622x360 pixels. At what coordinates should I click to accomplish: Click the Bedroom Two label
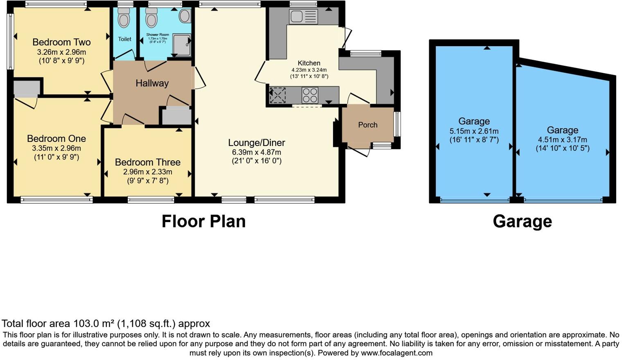click(61, 42)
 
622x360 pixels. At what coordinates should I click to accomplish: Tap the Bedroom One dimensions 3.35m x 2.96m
click(56, 148)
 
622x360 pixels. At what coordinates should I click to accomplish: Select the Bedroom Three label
click(147, 162)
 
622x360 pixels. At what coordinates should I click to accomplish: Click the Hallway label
click(152, 83)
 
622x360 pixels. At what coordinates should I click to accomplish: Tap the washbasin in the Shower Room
click(185, 16)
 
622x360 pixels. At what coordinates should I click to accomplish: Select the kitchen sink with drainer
click(303, 17)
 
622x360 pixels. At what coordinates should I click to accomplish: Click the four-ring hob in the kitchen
click(310, 95)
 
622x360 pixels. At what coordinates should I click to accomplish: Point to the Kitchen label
click(309, 63)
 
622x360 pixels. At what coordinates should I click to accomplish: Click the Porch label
click(367, 125)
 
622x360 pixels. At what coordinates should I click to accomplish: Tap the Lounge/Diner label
click(257, 143)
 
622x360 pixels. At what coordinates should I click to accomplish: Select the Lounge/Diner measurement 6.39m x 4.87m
click(257, 152)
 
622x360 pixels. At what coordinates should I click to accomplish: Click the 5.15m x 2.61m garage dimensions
click(474, 131)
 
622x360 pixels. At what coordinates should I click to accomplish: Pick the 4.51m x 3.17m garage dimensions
click(562, 140)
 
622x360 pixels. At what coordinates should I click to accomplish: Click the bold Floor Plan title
click(203, 221)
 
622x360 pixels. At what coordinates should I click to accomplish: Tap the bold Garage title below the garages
click(522, 221)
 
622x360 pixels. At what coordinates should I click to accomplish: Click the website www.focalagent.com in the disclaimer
click(396, 353)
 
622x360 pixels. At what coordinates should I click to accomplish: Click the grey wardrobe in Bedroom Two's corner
click(27, 88)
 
